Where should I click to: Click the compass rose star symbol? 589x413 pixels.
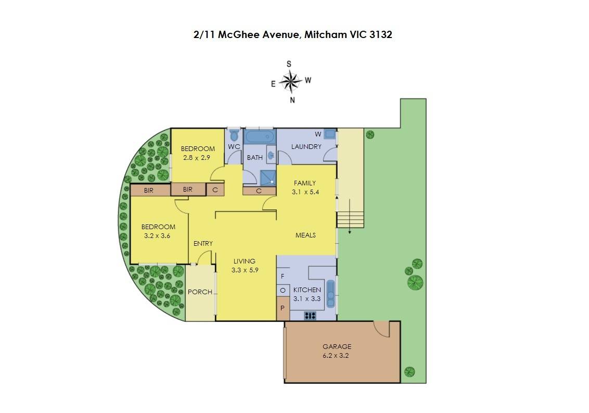[x=291, y=81]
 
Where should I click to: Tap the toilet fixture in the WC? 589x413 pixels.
[x=234, y=135]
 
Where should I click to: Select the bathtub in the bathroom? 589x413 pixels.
[x=260, y=136]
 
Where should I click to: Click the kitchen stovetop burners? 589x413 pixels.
[x=310, y=316]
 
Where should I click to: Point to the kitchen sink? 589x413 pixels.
[x=330, y=294]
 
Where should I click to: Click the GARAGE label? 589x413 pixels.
[x=337, y=346]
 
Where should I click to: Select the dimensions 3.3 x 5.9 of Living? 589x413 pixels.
[x=245, y=270]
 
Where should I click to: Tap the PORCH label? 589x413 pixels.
[x=200, y=292]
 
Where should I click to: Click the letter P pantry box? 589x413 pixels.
[x=283, y=308]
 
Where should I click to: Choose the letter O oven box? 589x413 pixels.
[x=283, y=291]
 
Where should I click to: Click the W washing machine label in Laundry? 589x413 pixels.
[x=318, y=134]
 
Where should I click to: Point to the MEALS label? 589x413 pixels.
[x=305, y=235]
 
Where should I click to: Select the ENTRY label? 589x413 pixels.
[x=203, y=243]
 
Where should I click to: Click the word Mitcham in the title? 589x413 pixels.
[x=325, y=34]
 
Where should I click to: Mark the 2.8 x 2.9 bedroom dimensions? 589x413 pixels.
[x=197, y=158]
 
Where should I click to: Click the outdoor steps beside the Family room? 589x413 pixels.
[x=350, y=219]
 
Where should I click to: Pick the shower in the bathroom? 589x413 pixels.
[x=268, y=177]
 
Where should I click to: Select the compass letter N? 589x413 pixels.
[x=292, y=100]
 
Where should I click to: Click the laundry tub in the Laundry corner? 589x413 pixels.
[x=330, y=134]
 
